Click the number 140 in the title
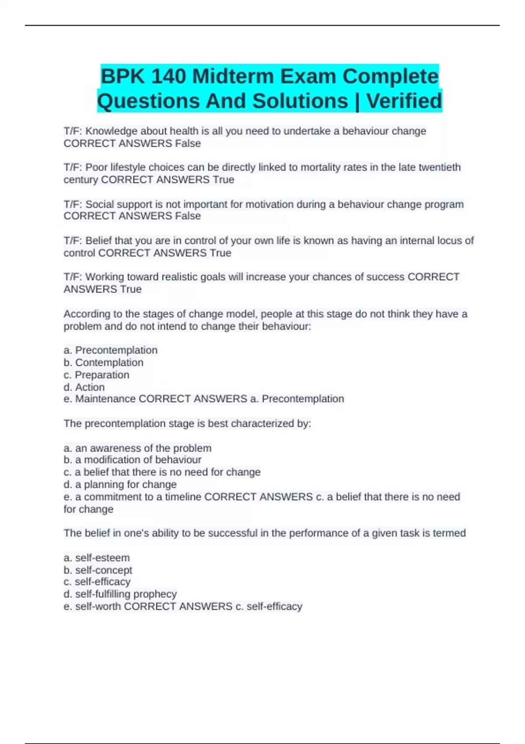168,77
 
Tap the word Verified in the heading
404,101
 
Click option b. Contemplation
104,363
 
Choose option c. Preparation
97,375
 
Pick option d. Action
84,387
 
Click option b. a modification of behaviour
133,460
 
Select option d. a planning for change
120,484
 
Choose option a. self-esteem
97,558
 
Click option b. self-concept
98,570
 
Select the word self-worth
98,607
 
